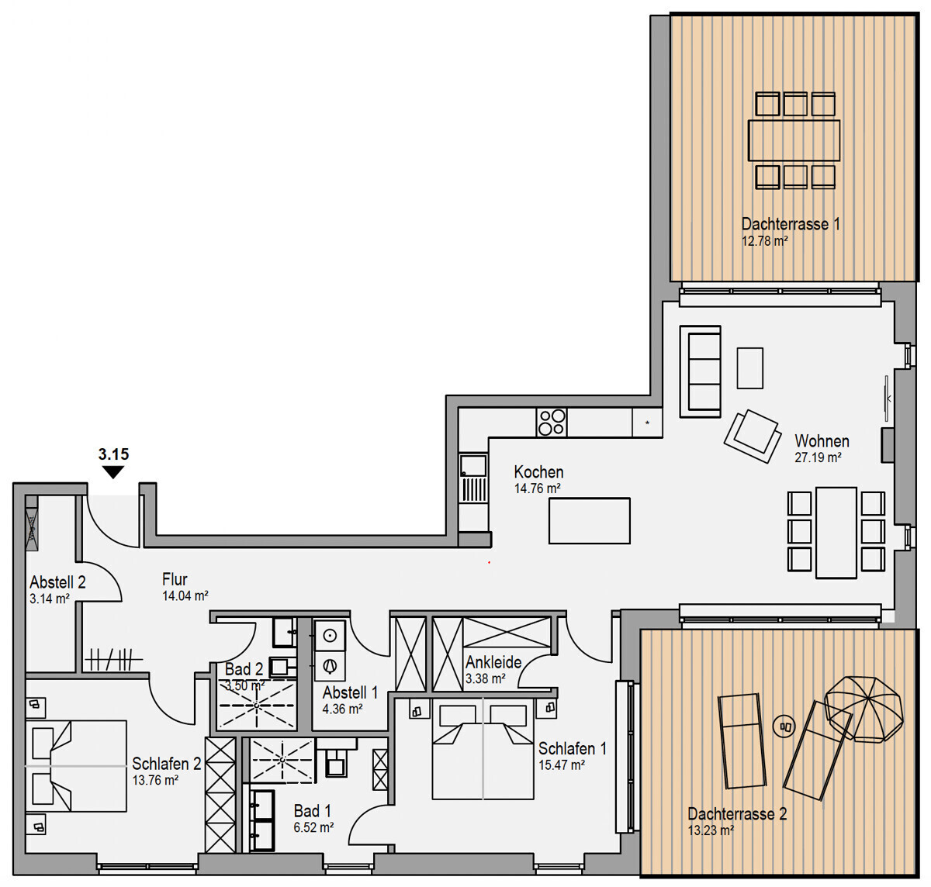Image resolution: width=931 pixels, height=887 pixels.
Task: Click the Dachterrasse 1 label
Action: click(x=791, y=224)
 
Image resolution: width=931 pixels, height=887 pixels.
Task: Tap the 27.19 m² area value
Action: click(x=818, y=457)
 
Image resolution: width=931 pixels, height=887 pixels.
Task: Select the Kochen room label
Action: click(x=538, y=472)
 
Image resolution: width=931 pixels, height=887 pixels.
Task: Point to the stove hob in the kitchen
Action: click(x=551, y=423)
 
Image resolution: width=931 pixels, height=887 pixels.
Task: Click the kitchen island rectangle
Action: click(x=589, y=521)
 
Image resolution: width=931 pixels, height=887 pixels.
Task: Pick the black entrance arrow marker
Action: click(x=113, y=472)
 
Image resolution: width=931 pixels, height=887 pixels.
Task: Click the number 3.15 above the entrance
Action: click(x=113, y=454)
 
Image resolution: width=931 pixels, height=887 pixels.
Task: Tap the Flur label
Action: click(x=175, y=579)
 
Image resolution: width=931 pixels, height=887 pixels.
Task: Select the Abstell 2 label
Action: click(x=57, y=582)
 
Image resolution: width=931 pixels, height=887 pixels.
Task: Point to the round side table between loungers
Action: click(x=784, y=726)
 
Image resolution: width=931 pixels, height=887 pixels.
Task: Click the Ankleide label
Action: click(x=493, y=661)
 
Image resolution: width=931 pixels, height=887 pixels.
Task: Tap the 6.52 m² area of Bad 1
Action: click(x=313, y=827)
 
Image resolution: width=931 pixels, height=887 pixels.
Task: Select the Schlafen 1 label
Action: click(x=572, y=748)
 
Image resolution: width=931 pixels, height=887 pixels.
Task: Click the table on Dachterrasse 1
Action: click(x=794, y=140)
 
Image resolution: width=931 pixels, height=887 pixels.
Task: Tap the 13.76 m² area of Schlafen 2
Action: click(x=155, y=780)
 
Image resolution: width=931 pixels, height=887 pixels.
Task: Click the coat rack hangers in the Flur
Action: click(x=113, y=659)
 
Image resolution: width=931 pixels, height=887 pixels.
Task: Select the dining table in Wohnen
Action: click(x=836, y=533)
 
